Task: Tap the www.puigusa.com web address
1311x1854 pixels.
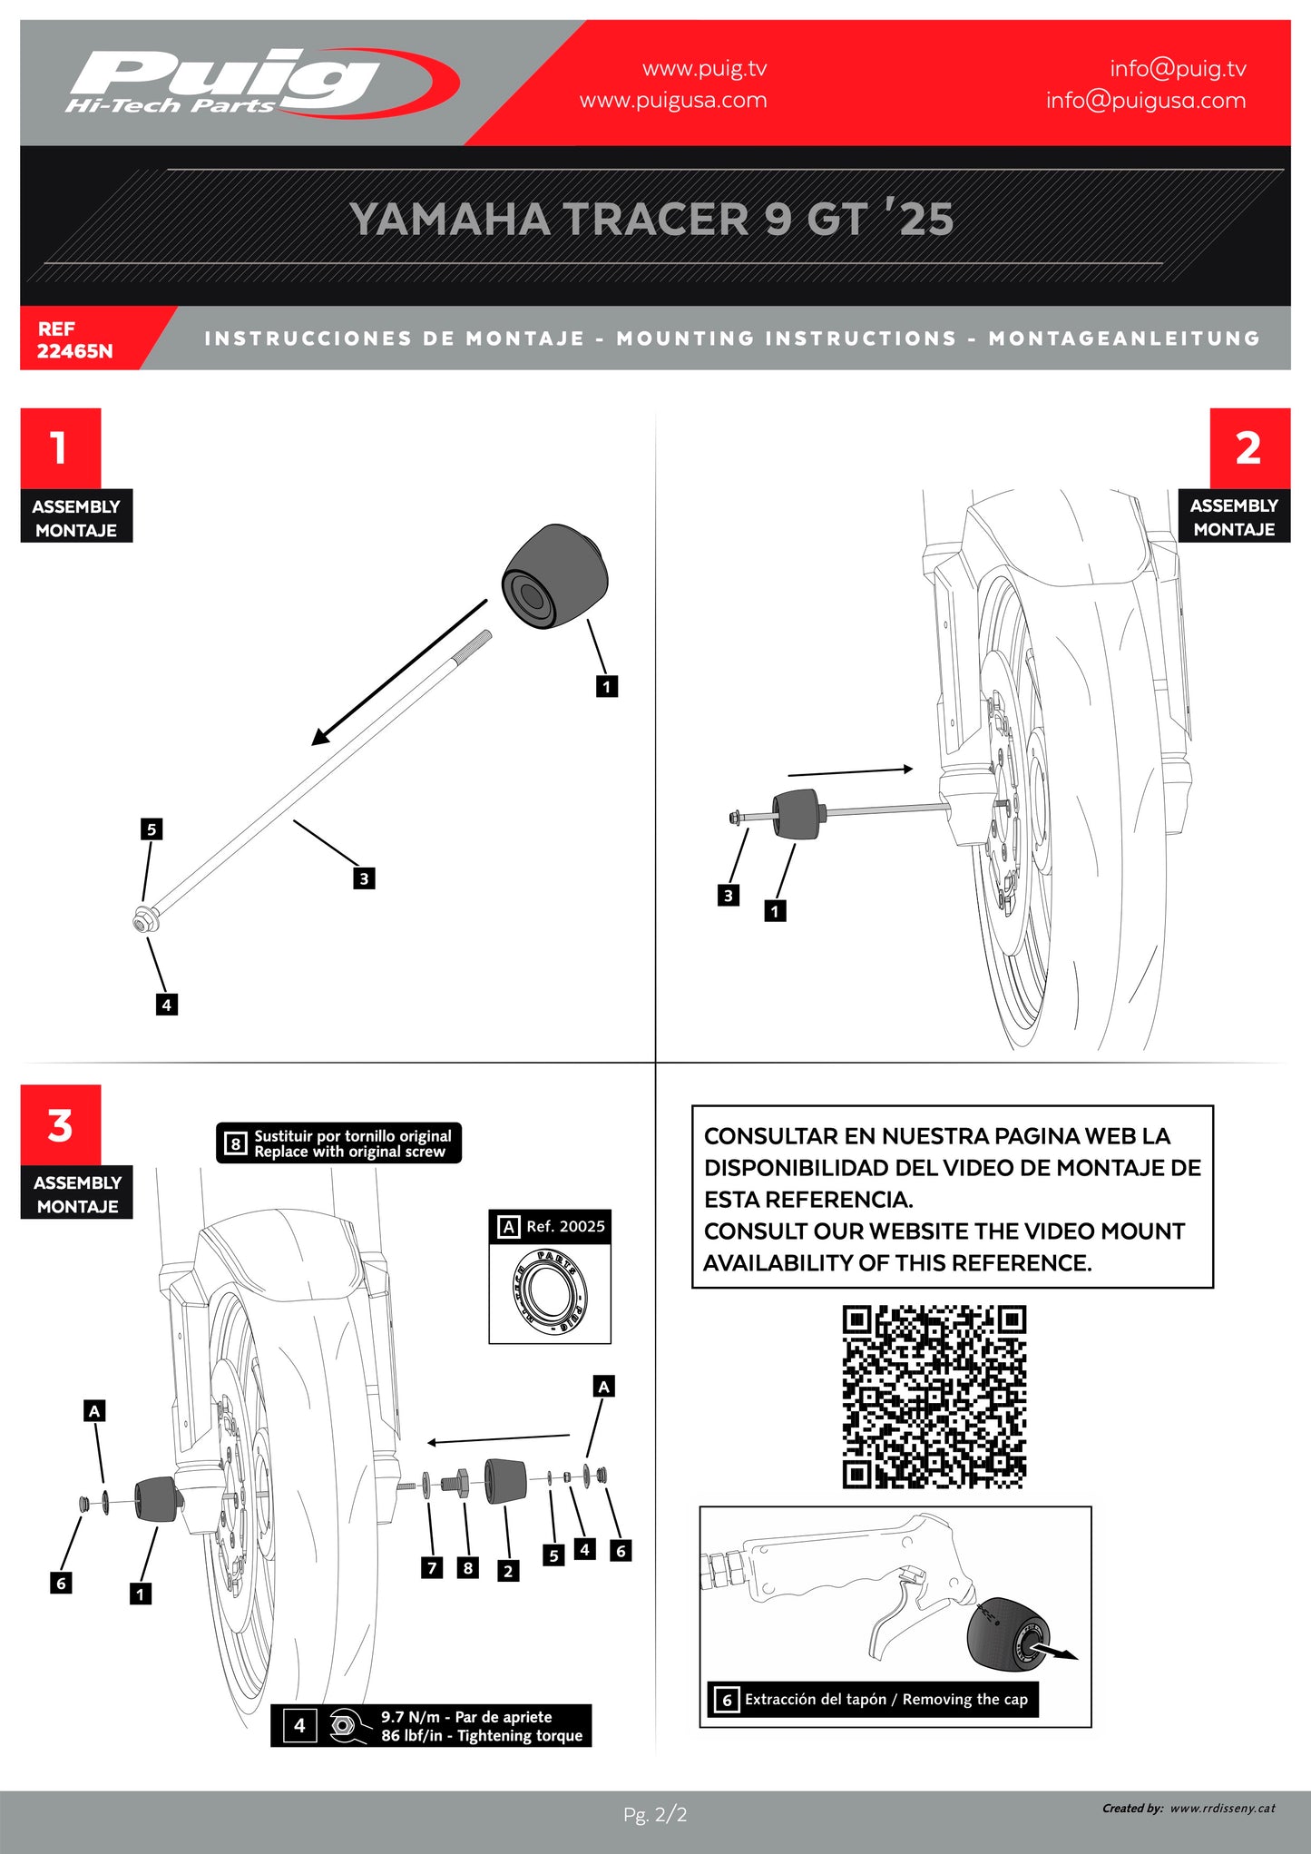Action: [x=673, y=100]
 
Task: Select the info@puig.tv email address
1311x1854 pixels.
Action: [x=1178, y=68]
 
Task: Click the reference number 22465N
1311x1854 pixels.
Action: [x=74, y=351]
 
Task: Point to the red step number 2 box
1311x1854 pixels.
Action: [x=1249, y=447]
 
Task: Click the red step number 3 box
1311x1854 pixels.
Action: [x=60, y=1125]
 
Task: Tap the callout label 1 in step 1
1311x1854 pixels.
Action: [x=607, y=686]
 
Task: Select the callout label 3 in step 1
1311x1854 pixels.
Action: [x=364, y=878]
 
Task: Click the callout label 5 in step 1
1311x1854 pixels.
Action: [x=152, y=829]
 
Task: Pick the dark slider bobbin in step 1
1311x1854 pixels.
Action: [x=554, y=575]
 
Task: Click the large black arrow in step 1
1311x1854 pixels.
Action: [x=399, y=672]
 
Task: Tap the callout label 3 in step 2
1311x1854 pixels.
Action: [x=728, y=896]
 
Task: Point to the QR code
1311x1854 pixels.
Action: [x=934, y=1397]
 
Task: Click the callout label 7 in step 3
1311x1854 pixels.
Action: [x=432, y=1567]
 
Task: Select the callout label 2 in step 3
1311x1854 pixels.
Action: [x=508, y=1570]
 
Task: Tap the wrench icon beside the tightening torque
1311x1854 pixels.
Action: [x=343, y=1725]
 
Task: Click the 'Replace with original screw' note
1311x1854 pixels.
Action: [x=349, y=1152]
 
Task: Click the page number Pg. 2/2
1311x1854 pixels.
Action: [x=655, y=1814]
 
